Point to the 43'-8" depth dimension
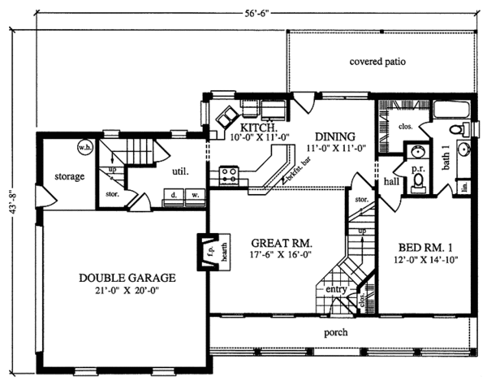(x=11, y=204)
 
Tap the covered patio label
(x=377, y=61)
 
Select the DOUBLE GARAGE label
(x=127, y=277)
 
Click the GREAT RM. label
(x=282, y=243)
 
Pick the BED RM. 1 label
(x=424, y=248)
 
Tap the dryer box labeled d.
(x=174, y=196)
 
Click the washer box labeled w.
(x=195, y=196)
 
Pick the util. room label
(x=180, y=171)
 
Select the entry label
(x=335, y=290)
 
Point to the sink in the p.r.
(x=419, y=151)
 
